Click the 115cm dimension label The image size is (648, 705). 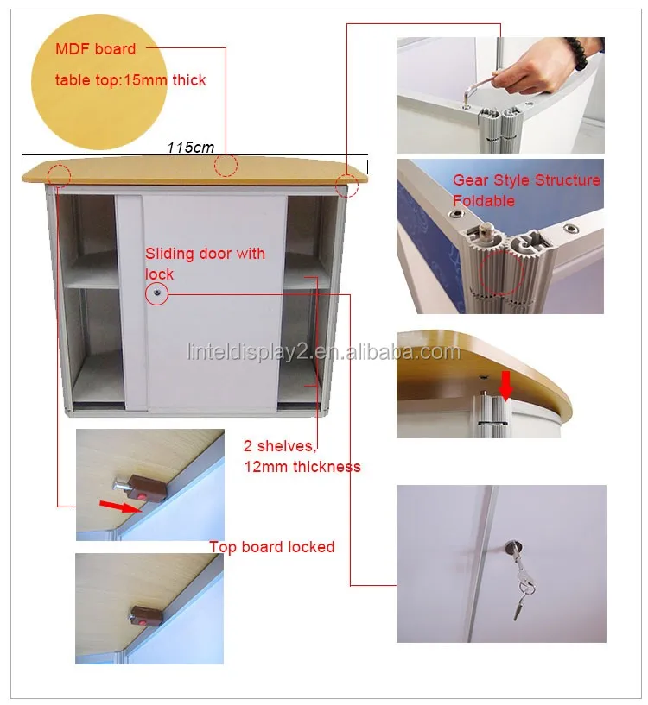190,147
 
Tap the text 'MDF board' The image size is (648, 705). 95,49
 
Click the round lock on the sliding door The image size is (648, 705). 156,293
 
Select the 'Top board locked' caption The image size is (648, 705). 272,547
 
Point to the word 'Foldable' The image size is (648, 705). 484,200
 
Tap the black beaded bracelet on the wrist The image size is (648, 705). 578,53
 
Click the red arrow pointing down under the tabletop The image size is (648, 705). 506,385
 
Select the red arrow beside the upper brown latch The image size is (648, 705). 120,507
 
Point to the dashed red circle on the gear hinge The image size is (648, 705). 501,273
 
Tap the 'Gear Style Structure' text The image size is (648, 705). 526,179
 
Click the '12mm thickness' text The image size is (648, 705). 302,467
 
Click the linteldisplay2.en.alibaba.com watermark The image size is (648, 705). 324,352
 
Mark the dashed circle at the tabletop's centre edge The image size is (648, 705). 226,166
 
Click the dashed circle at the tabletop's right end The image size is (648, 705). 346,185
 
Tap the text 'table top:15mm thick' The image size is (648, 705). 130,80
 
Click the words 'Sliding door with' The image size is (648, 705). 205,254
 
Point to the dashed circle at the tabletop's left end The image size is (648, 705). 60,175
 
